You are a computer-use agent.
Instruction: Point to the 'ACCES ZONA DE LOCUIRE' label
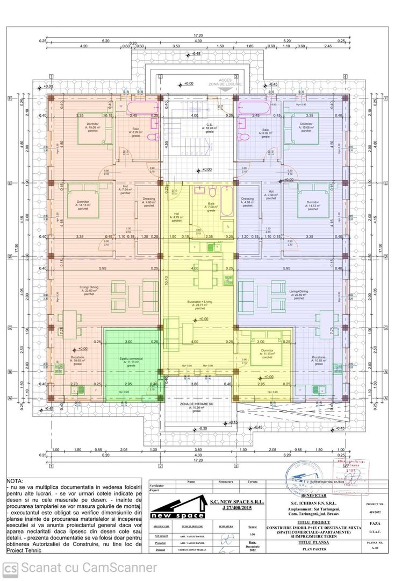[225, 82]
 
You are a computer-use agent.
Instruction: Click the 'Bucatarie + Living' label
[197, 305]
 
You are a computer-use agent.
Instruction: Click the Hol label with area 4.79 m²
[176, 217]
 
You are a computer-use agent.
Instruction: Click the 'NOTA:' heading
[15, 480]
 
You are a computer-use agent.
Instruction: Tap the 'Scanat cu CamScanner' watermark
[81, 568]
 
